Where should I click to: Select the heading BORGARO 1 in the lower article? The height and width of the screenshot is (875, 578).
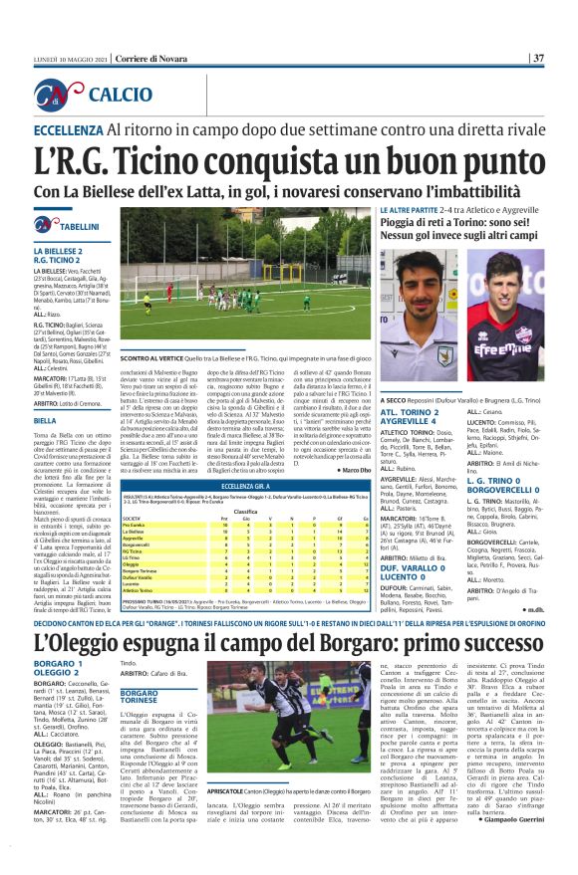click(x=56, y=635)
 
